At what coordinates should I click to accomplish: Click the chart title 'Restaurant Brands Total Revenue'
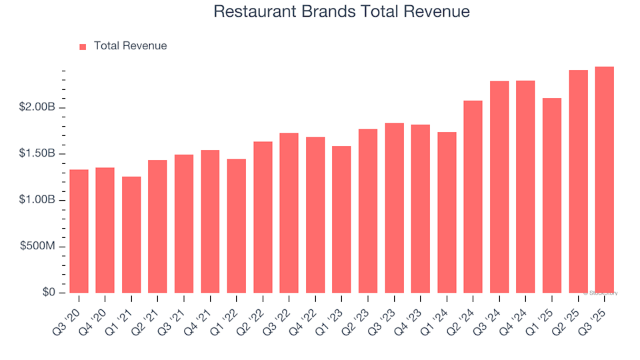pyautogui.click(x=341, y=12)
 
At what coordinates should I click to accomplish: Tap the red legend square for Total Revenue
pyautogui.click(x=83, y=47)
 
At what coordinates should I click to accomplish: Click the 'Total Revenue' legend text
pyautogui.click(x=130, y=46)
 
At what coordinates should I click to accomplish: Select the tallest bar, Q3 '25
pyautogui.click(x=605, y=180)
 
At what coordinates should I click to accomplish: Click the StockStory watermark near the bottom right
pyautogui.click(x=602, y=293)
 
